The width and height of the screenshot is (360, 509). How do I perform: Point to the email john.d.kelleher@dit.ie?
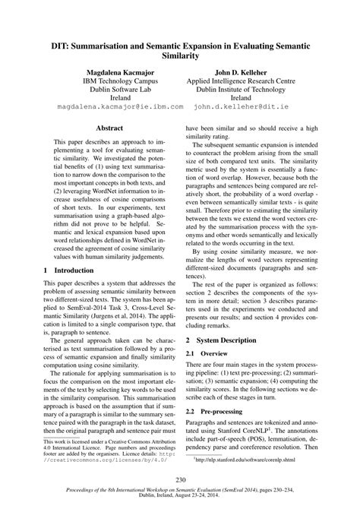pos(241,108)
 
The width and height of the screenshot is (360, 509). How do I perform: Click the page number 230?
pos(180,479)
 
